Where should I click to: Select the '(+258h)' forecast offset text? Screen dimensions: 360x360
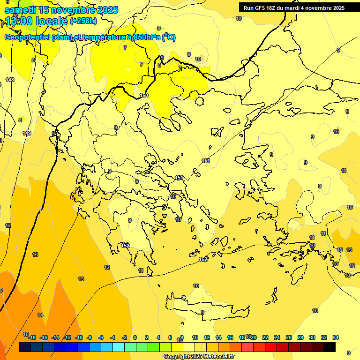pyautogui.click(x=83, y=21)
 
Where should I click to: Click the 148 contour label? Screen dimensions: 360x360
pyautogui.click(x=10, y=80)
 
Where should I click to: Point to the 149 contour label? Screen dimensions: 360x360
pyautogui.click(x=27, y=134)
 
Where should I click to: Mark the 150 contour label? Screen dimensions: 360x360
pyautogui.click(x=144, y=96)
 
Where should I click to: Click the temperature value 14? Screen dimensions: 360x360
pyautogui.click(x=40, y=315)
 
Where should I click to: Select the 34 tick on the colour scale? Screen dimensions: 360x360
pyautogui.click(x=336, y=337)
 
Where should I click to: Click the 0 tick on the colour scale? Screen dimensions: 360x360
pyautogui.click(x=135, y=337)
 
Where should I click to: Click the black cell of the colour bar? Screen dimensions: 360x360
pyautogui.click(x=330, y=347)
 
